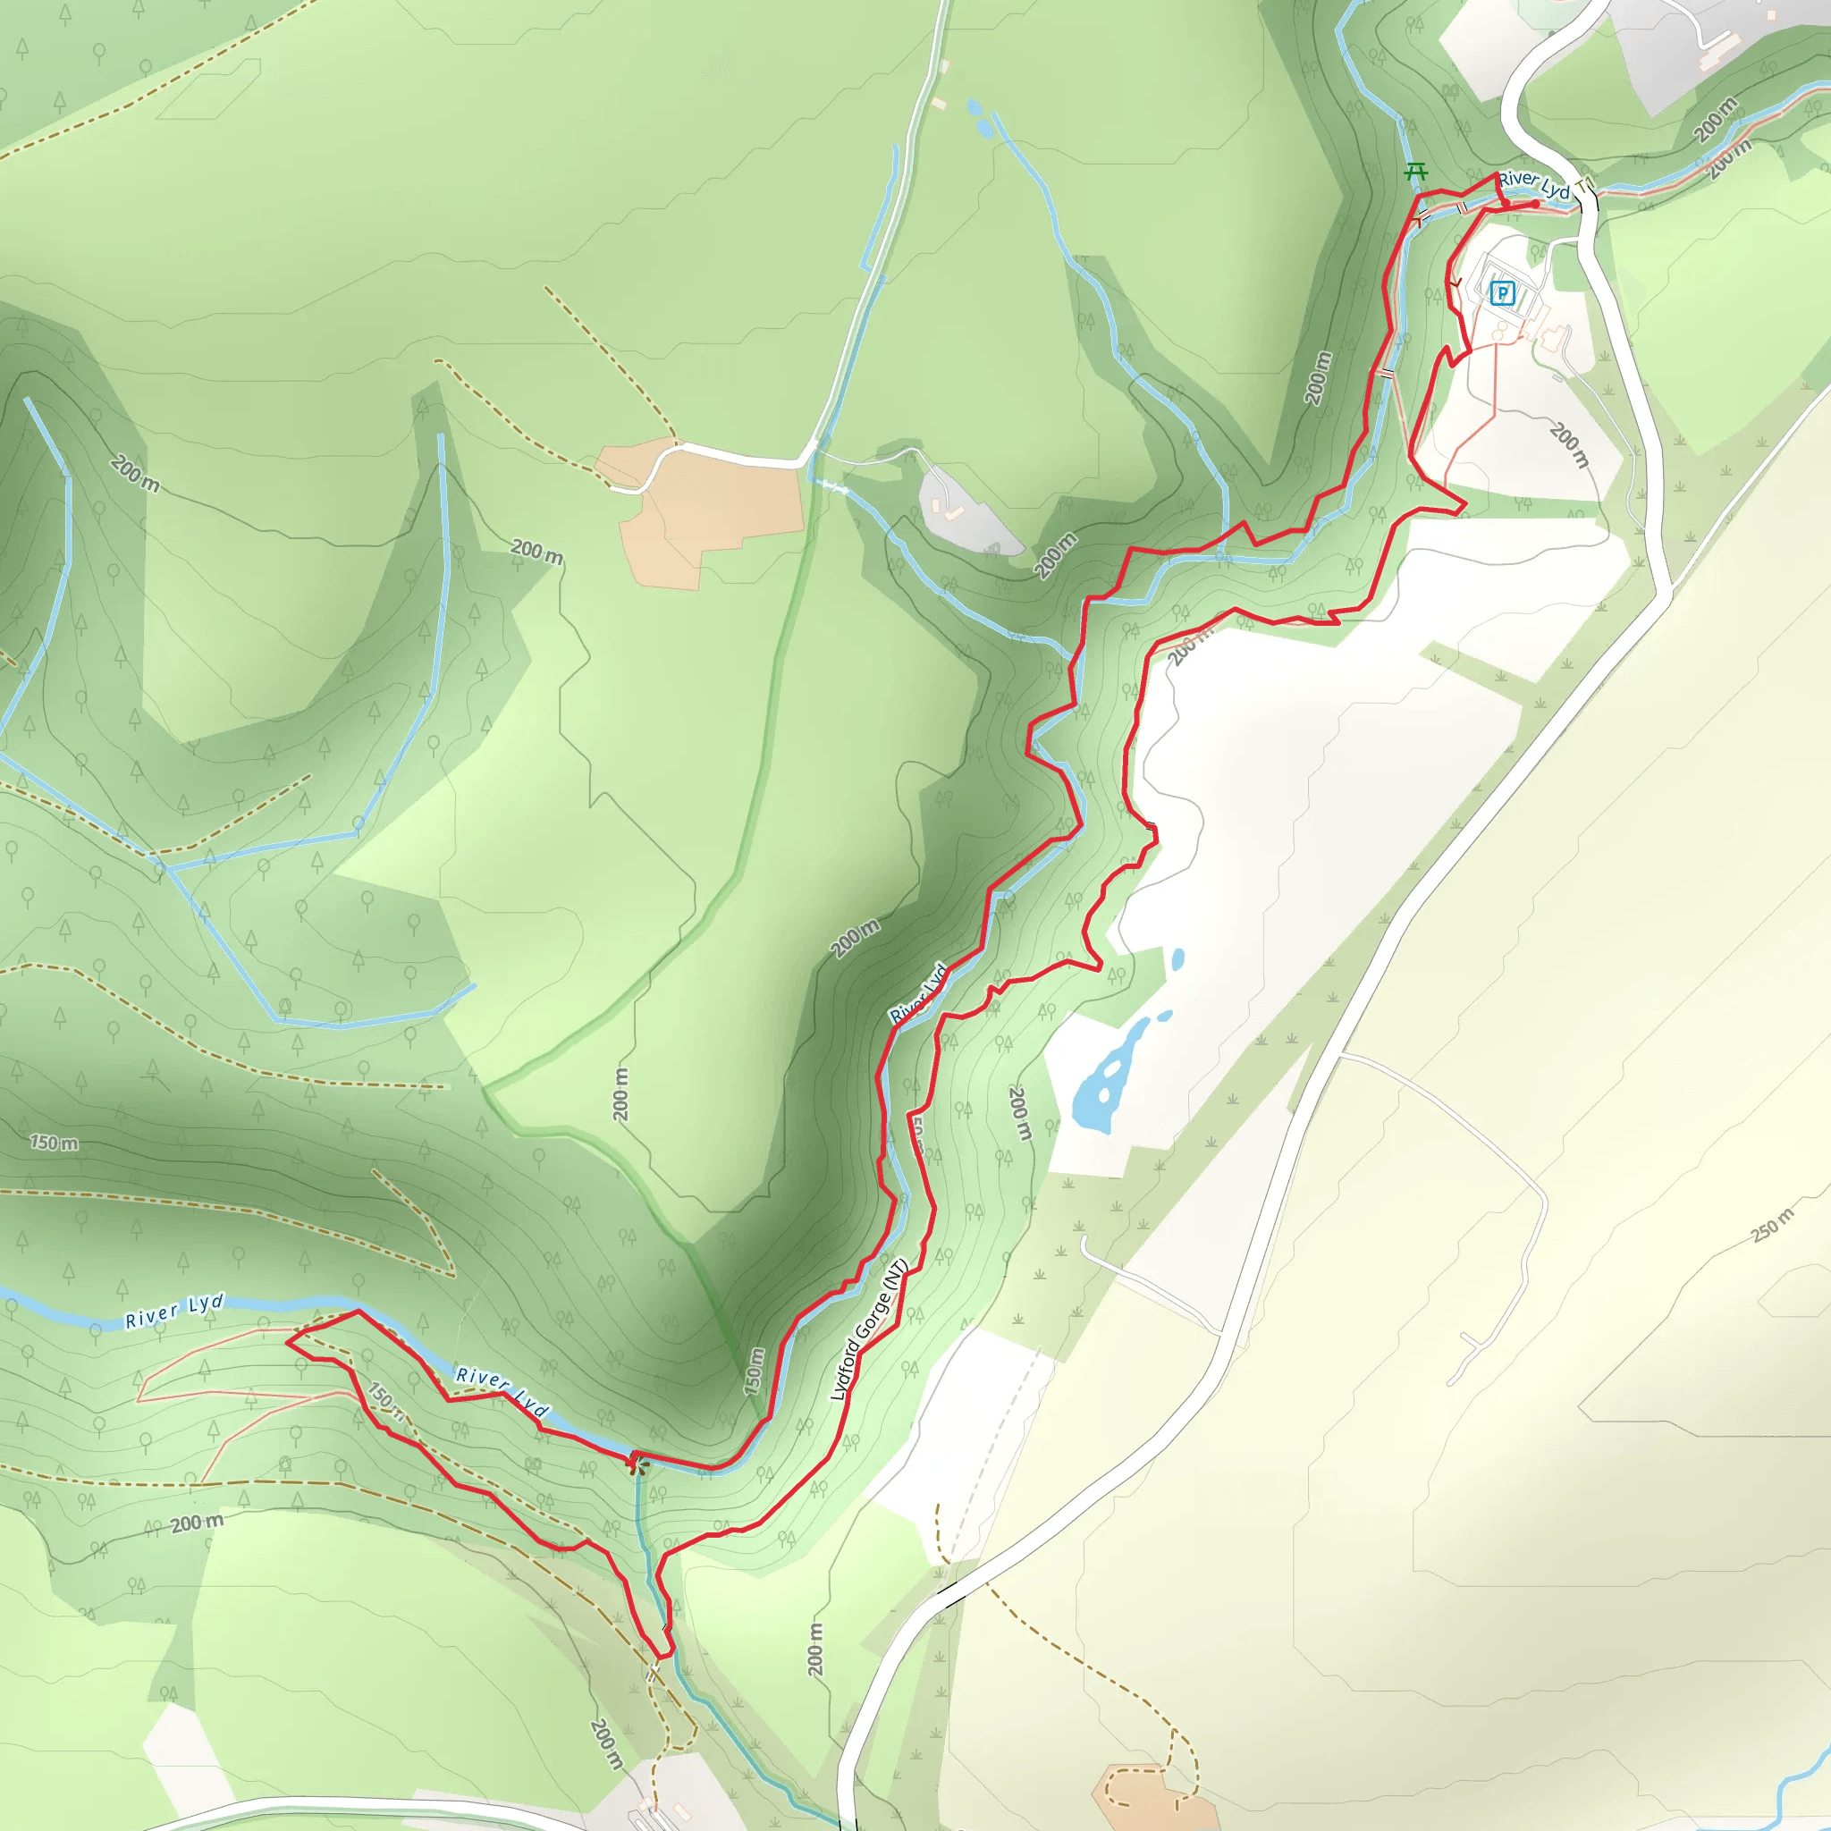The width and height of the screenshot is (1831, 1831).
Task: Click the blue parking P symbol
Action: [x=1502, y=294]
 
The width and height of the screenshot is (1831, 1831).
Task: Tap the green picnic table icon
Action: [x=1416, y=172]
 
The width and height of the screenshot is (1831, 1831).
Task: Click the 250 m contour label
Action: [x=1772, y=1226]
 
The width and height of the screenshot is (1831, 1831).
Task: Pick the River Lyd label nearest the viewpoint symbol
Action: [x=502, y=1391]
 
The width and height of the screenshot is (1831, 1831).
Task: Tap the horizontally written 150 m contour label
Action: [x=54, y=1143]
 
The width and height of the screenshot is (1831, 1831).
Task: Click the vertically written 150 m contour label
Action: [x=755, y=1371]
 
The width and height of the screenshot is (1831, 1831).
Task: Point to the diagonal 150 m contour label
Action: [x=385, y=1402]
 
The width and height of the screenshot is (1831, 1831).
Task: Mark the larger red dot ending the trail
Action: [x=1534, y=204]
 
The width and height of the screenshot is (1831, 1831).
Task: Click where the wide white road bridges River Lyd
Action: [x=1590, y=199]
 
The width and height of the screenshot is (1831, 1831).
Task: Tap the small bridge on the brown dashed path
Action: [x=652, y=1675]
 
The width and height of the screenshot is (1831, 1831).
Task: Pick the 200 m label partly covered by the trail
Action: [x=1185, y=649]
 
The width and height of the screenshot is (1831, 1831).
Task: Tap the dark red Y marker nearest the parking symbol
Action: [x=1455, y=282]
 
